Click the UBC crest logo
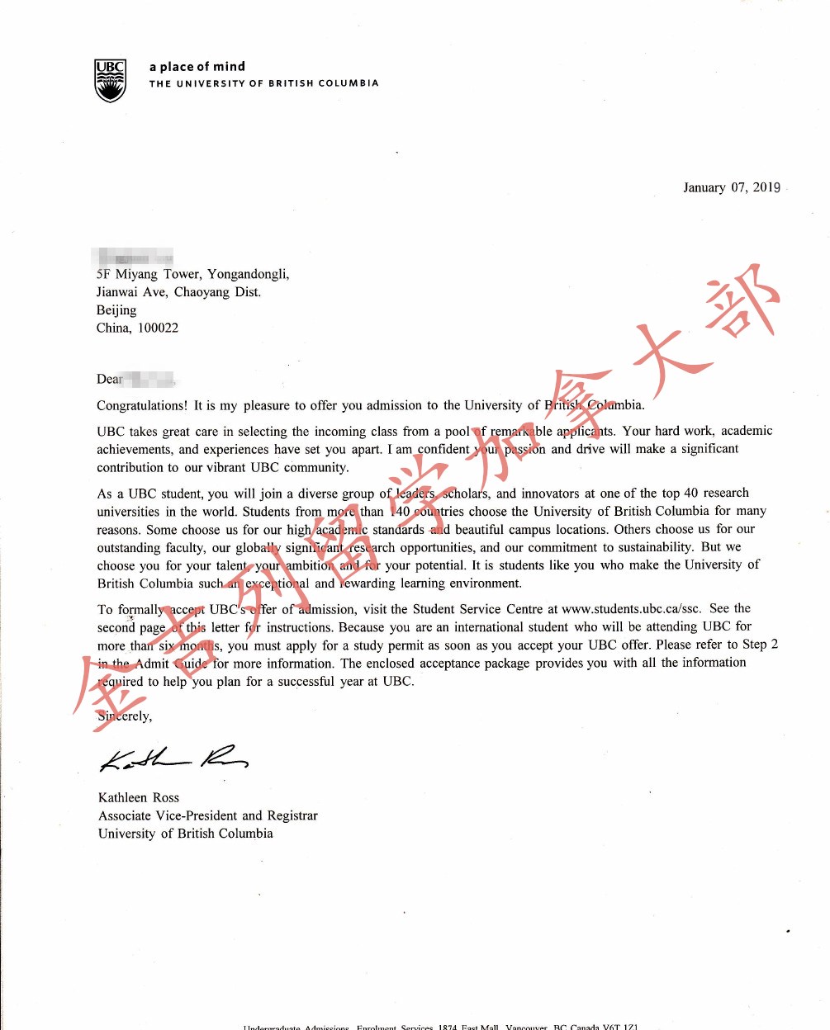110,80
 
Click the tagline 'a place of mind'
197,67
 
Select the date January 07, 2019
731,187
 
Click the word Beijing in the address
116,310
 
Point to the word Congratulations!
142,405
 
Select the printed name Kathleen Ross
139,797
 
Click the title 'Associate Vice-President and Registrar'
208,815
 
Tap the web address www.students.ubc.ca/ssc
631,609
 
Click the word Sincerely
124,716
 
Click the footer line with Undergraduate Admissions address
440,1026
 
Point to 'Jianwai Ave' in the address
131,292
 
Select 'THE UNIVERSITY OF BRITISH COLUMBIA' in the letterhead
263,83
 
